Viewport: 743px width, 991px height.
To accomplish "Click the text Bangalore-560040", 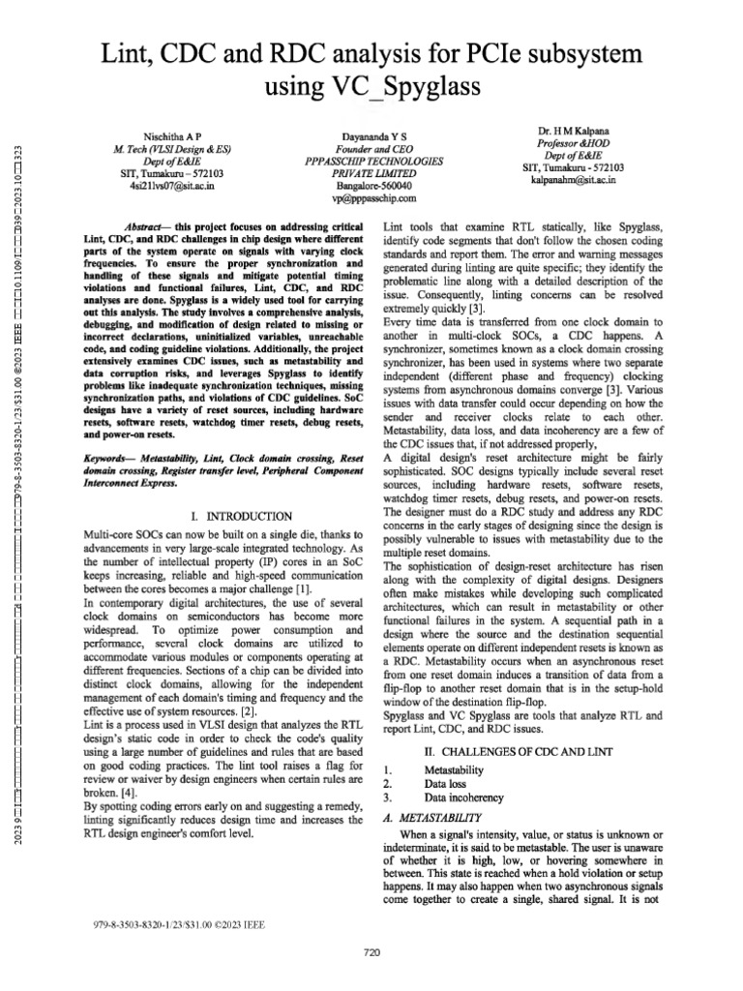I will tap(371, 184).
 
